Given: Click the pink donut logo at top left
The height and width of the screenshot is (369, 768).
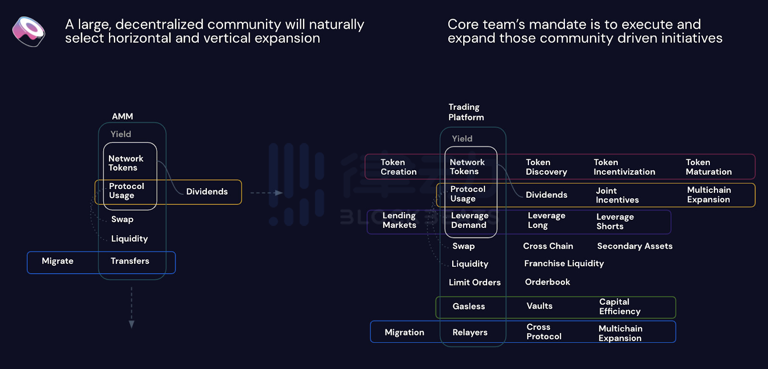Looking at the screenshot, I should (29, 32).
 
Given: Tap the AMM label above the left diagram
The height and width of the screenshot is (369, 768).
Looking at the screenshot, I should (122, 117).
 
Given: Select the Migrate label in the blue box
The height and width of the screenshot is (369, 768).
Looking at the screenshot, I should (58, 261).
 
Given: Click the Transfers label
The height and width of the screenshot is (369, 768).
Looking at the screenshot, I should (130, 261).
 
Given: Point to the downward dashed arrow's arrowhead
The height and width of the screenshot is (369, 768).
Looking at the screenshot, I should (132, 324).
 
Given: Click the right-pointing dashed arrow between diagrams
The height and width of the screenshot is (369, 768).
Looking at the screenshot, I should (267, 193).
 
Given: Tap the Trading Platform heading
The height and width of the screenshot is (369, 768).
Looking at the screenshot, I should (466, 112).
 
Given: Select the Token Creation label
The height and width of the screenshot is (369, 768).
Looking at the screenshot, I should (398, 167).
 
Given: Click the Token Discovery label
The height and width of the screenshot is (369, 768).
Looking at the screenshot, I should (546, 167).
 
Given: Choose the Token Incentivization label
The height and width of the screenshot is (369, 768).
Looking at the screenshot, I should (624, 167).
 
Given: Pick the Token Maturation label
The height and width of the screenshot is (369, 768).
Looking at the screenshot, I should (708, 167).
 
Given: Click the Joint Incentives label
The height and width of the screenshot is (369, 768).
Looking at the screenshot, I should (617, 195).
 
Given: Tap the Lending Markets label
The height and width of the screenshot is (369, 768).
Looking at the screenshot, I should (399, 220).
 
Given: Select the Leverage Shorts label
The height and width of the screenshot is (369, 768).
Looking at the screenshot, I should (615, 222).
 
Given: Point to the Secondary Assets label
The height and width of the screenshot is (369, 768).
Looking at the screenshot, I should (635, 246).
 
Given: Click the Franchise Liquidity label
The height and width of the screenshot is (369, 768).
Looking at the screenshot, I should (564, 263).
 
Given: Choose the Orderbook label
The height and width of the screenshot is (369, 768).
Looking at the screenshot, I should (547, 282).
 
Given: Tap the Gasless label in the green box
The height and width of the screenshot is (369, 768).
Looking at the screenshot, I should (468, 307).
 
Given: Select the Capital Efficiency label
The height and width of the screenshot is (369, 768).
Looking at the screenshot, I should (620, 307).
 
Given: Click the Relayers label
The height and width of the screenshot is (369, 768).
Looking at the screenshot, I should (470, 333).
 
